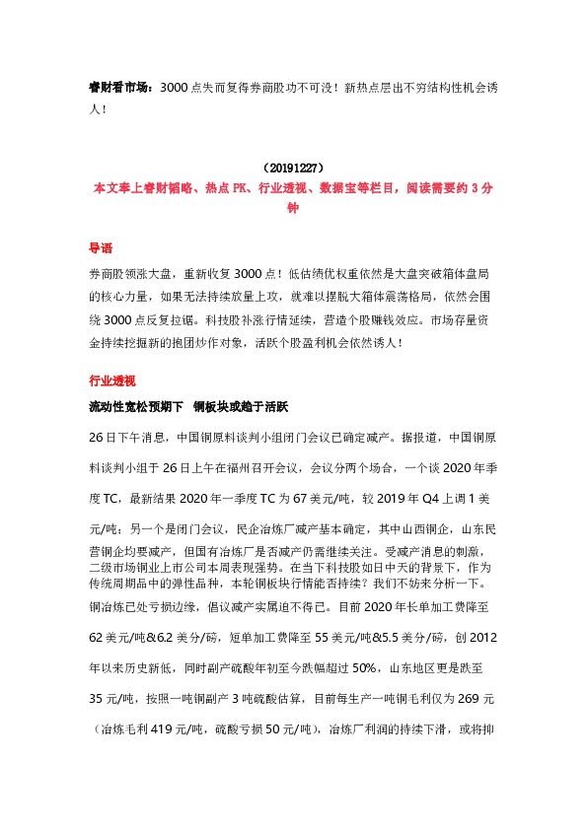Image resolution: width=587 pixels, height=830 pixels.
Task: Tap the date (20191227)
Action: tap(292, 169)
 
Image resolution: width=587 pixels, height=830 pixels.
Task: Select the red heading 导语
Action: tap(101, 249)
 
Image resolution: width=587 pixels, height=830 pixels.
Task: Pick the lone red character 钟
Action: tap(292, 208)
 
